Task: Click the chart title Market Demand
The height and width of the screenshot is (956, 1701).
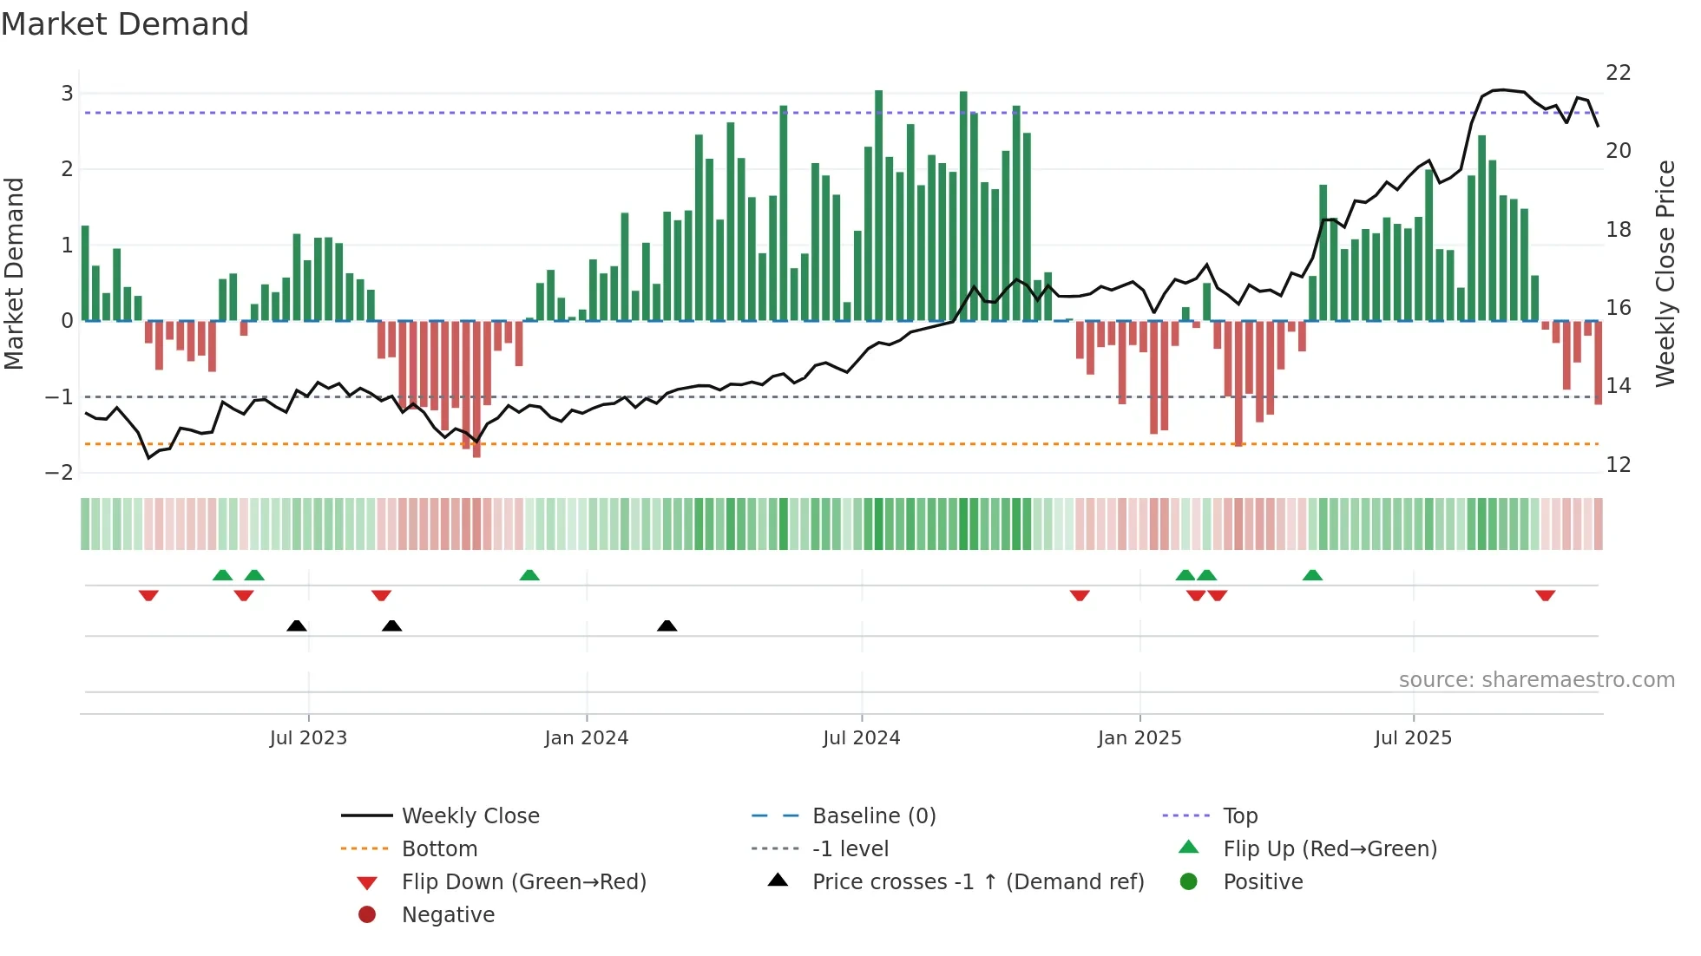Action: click(x=125, y=24)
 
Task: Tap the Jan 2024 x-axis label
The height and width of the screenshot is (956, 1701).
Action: click(x=586, y=738)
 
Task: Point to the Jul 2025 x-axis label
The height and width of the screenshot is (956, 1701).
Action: click(x=1413, y=738)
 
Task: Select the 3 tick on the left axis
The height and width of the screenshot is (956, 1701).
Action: click(x=67, y=94)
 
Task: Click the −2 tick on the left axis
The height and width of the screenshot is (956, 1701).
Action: click(x=60, y=473)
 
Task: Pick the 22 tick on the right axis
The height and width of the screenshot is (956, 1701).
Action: click(x=1619, y=73)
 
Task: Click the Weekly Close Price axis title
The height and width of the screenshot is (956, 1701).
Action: click(x=1665, y=273)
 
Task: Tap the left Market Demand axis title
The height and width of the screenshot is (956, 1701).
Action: click(x=15, y=273)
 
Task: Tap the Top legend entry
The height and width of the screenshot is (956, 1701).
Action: click(x=1240, y=816)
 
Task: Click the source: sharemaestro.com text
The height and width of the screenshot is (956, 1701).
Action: click(x=1536, y=680)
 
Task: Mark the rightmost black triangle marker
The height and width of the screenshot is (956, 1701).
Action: click(x=667, y=625)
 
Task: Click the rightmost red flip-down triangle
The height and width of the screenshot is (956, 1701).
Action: click(x=1545, y=595)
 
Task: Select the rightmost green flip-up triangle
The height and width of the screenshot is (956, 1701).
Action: click(x=1312, y=575)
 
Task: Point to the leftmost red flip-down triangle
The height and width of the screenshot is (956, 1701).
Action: click(x=148, y=595)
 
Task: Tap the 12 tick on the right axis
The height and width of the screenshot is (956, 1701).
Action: click(x=1619, y=465)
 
